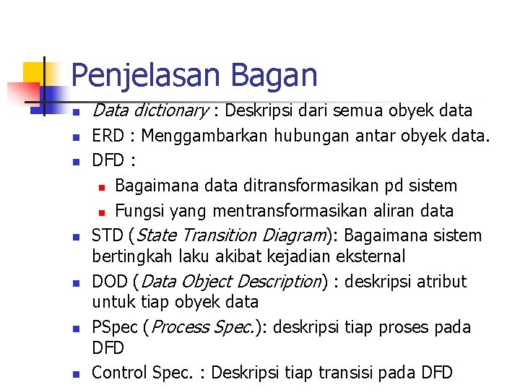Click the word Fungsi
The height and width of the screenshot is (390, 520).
point(139,211)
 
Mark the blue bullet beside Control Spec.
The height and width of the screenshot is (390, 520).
point(75,374)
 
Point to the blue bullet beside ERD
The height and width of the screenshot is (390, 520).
point(75,137)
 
